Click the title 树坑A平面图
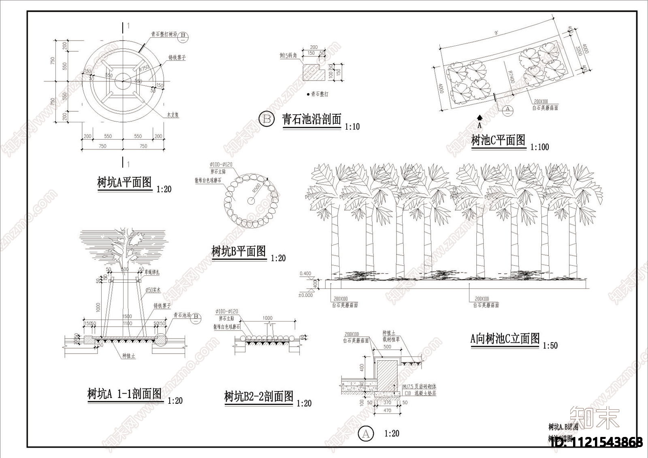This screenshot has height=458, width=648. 124,183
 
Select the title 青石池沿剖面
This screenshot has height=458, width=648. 311,119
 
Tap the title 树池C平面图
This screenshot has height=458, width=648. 498,141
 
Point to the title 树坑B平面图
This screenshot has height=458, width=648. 239,251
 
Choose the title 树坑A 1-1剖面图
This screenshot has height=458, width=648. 125,394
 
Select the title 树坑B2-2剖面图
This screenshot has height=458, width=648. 259,396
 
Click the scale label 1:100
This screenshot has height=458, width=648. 540,147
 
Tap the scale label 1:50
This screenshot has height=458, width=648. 550,346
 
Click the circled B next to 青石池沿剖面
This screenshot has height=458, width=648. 266,119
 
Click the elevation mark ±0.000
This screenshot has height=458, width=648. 305,295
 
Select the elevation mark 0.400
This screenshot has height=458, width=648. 305,274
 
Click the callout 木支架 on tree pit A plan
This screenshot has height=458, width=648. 173,115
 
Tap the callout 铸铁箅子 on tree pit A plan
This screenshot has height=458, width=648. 177,58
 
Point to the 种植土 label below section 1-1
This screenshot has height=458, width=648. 128,356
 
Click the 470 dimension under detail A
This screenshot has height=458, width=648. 387,410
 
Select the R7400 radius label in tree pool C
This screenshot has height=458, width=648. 511,77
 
